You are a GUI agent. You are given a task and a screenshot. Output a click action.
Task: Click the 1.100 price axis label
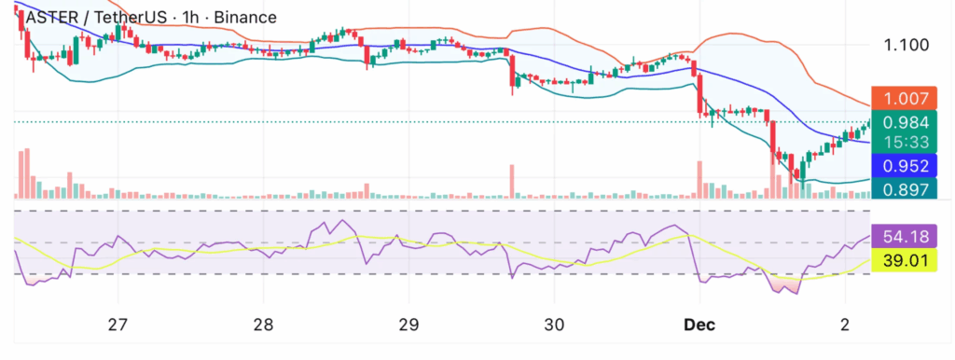905,45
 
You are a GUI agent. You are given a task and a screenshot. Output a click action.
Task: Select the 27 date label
117,325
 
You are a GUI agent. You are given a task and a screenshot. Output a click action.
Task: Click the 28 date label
263,325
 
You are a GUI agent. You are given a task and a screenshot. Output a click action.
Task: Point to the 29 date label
408,325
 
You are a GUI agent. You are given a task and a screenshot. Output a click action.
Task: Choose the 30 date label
553,325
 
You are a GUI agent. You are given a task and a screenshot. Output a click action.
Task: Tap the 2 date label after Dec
844,325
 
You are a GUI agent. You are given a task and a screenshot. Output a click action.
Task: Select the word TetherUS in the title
130,17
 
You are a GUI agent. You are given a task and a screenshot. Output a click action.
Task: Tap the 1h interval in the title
190,17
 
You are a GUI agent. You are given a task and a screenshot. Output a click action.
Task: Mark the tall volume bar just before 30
512,181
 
